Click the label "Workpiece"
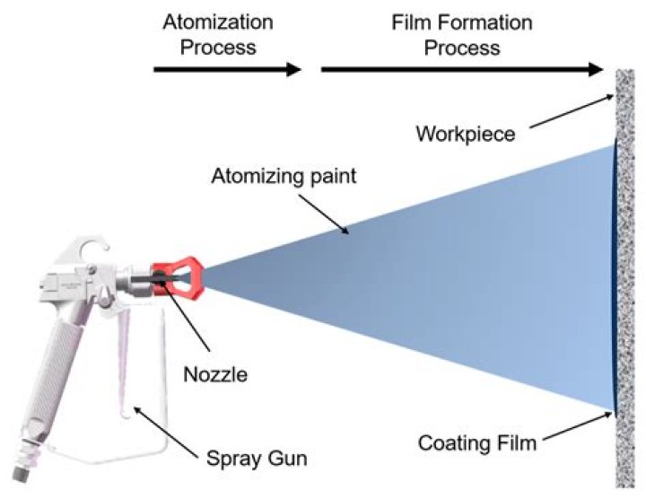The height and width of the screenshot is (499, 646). [x=466, y=135]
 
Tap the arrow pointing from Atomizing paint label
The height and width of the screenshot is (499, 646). [x=328, y=213]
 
